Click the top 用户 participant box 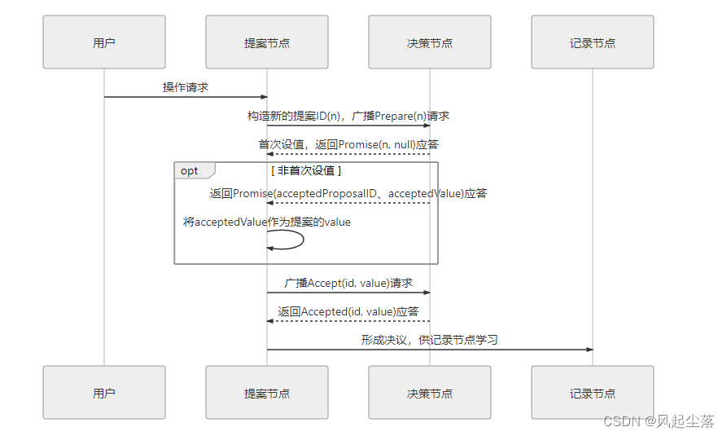pos(104,42)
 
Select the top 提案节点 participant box pos(267,42)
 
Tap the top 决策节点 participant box pos(430,42)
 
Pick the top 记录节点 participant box pos(593,42)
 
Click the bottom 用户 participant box pos(104,393)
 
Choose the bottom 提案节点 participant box pos(267,393)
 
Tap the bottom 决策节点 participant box pos(430,393)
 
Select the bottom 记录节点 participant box pos(593,393)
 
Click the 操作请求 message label pos(186,87)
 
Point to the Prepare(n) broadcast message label pos(348,116)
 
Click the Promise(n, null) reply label pos(348,144)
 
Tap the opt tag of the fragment pos(190,170)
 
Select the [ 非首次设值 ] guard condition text pos(306,170)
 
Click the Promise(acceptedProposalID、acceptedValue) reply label pos(348,193)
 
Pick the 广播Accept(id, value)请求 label pos(348,283)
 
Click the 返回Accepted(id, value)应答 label pos(348,311)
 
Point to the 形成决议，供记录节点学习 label pos(430,340)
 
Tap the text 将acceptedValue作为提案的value pos(267,222)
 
